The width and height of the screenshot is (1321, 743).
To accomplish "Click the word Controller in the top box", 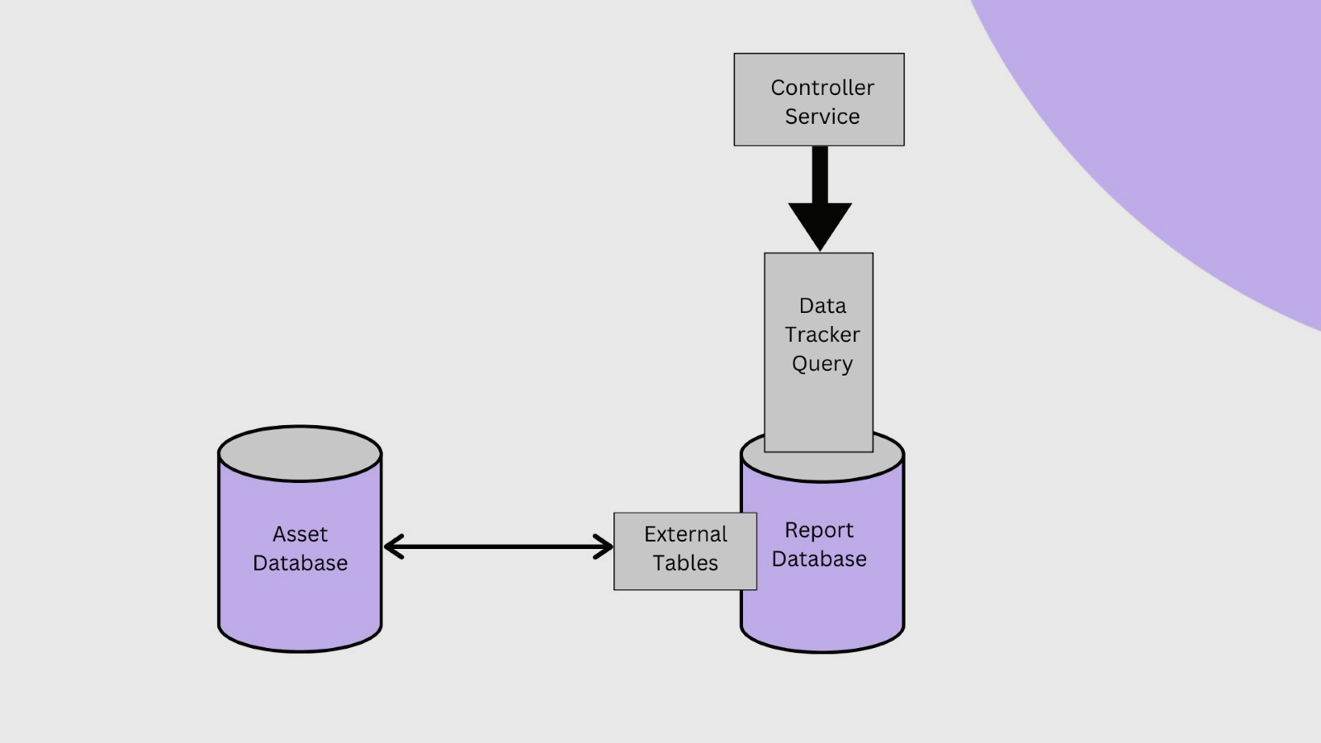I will [821, 88].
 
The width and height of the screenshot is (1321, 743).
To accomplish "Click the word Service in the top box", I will [821, 116].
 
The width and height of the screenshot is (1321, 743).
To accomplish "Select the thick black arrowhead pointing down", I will [819, 224].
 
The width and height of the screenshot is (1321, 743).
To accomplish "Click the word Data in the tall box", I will [822, 306].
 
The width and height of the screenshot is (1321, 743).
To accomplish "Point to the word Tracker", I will [821, 335].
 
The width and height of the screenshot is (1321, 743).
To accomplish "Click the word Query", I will [821, 364].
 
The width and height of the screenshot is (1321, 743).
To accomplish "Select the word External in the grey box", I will [685, 534].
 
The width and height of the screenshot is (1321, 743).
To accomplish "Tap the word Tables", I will [685, 563].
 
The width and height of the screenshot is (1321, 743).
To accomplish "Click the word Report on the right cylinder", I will [818, 530].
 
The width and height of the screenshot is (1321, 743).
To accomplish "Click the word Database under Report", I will [818, 559].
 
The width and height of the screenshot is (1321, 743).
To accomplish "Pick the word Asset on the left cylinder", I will [300, 534].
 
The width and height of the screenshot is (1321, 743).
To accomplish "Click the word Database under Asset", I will [300, 563].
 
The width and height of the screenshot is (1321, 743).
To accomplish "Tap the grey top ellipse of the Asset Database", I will [300, 454].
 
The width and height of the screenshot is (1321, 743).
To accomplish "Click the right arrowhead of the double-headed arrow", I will [606, 547].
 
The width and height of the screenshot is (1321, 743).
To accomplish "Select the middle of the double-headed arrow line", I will [499, 547].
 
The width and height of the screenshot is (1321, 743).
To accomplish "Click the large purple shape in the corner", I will [1197, 124].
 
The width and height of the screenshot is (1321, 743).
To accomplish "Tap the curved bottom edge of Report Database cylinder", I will [821, 651].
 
